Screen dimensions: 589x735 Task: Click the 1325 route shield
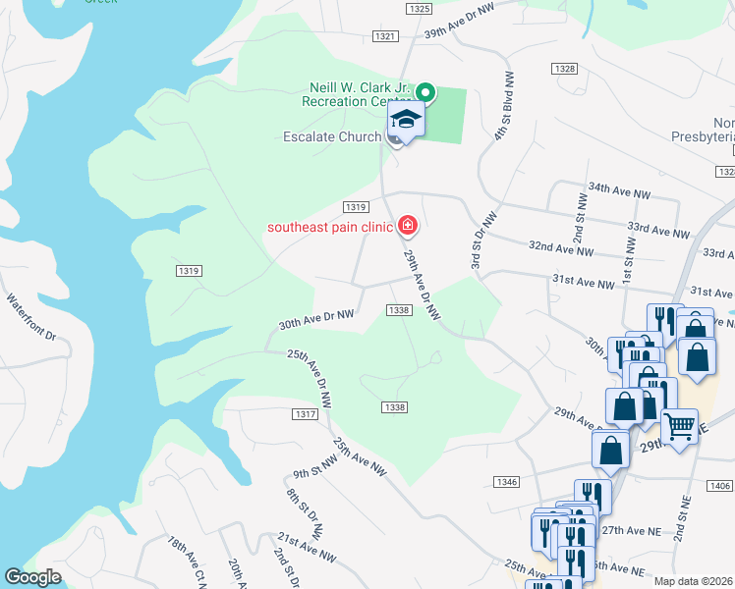point(418,9)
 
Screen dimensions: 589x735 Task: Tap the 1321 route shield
point(386,36)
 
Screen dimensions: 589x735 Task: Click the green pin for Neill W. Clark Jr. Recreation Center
point(425,93)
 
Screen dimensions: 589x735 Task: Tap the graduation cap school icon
point(405,121)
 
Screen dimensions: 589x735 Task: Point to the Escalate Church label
point(331,136)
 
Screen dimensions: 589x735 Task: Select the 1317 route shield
point(306,415)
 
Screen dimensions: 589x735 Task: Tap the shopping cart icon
point(679,425)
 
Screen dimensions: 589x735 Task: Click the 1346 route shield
point(506,482)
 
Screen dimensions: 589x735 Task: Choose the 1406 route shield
point(719,487)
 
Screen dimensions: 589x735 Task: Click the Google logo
point(32,576)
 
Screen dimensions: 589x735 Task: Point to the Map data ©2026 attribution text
point(693,581)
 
